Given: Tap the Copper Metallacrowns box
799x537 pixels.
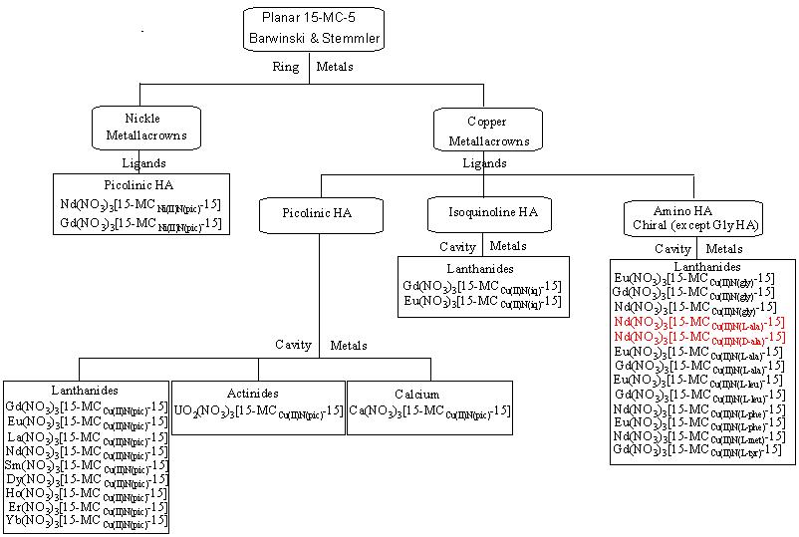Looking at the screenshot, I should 487,131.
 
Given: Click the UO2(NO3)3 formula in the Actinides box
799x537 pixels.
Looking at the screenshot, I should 258,410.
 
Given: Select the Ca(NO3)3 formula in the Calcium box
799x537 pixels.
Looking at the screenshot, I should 429,410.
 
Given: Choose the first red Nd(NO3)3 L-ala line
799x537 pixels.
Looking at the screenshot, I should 698,322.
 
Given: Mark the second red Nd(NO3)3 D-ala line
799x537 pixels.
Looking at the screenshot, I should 698,337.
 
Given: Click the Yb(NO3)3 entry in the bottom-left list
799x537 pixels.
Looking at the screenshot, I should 86,520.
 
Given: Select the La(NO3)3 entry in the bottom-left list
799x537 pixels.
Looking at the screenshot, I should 86,436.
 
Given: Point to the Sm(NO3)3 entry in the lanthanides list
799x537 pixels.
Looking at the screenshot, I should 86,464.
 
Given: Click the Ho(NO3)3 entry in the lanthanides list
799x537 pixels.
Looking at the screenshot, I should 86,492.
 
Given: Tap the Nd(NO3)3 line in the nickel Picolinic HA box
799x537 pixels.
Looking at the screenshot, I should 140,204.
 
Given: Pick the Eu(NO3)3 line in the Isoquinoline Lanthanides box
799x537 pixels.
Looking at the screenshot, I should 482,301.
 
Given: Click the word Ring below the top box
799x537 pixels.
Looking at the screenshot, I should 286,68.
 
